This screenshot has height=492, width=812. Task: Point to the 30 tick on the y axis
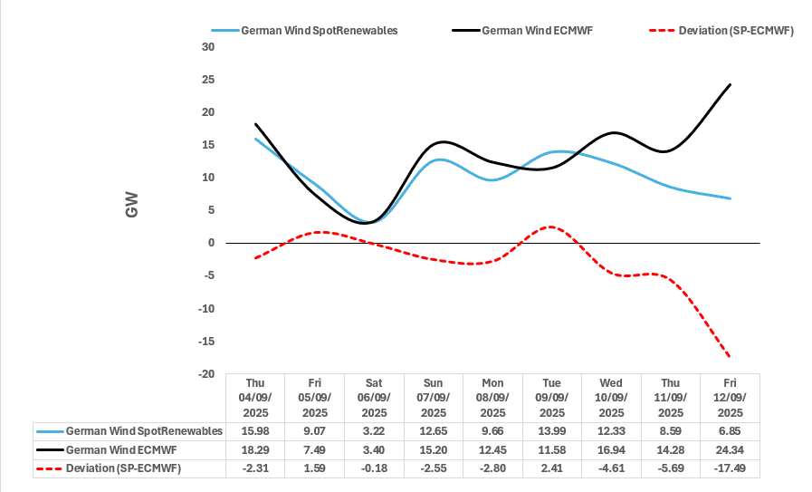click(x=208, y=47)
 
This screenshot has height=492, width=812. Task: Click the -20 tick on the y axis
click(x=206, y=374)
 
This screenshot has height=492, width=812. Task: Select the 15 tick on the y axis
click(x=208, y=145)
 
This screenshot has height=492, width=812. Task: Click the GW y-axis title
click(x=132, y=210)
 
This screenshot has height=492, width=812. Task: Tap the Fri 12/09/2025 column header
click(x=730, y=398)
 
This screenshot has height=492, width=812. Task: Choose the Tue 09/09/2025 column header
click(x=551, y=398)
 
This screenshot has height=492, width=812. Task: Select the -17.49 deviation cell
click(x=730, y=468)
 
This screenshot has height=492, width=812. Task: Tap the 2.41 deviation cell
click(x=551, y=468)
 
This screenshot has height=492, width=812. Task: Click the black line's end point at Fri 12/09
click(x=731, y=84)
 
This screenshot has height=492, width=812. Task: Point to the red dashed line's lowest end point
click(x=731, y=357)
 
